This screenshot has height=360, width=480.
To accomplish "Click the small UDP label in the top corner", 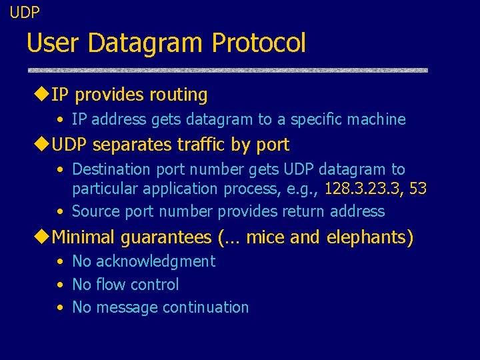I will pos(25,12).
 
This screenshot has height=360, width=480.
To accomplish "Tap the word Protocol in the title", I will pos(259,43).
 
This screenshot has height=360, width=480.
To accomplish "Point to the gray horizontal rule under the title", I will pos(227,70).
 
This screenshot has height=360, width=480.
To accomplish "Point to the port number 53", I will pos(418,189).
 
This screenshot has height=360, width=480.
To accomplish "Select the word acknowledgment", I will pos(155,261).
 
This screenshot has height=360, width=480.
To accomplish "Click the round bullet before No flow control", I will pos(60,285).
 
